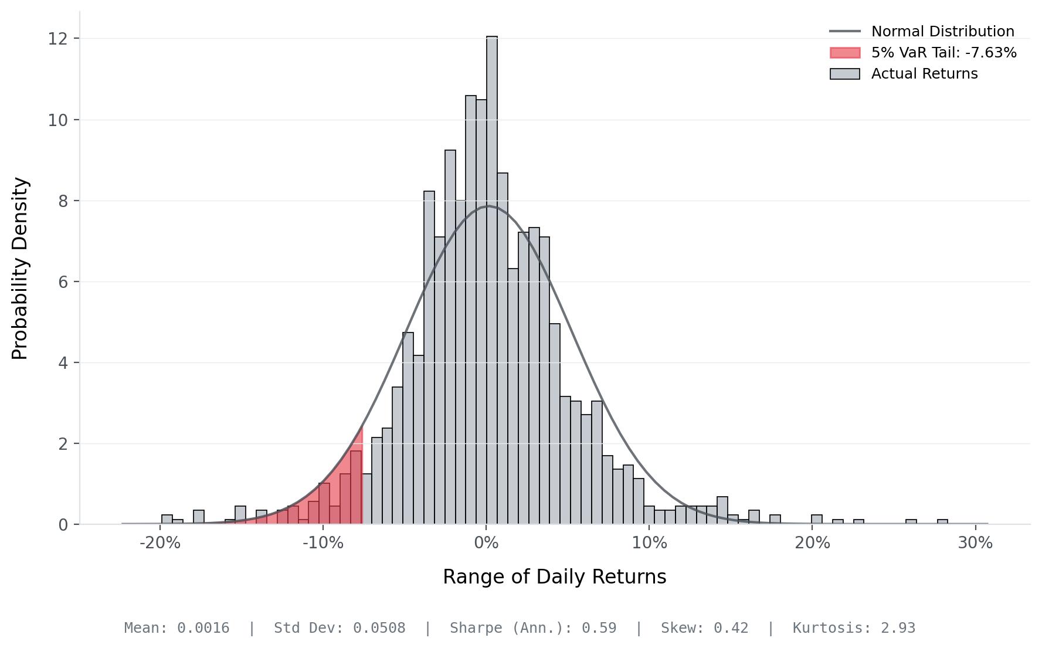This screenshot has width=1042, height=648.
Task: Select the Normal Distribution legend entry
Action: [942, 32]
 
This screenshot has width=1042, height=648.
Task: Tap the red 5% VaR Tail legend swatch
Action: [845, 53]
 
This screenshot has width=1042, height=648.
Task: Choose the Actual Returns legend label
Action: [924, 74]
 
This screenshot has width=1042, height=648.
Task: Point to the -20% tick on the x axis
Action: [160, 543]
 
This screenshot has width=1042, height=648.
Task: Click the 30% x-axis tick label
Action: [975, 543]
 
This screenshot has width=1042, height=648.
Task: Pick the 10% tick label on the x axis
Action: [649, 543]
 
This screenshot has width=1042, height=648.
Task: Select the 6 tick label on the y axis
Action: [63, 282]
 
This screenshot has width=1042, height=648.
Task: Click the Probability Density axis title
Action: [20, 269]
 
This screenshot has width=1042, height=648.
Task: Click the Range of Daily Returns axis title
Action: [554, 577]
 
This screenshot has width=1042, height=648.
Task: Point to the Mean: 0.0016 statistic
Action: [177, 628]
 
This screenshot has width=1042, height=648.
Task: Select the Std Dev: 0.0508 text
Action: [340, 628]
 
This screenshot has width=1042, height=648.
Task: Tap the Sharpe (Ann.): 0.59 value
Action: [533, 628]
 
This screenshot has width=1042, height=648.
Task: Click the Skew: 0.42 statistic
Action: [704, 628]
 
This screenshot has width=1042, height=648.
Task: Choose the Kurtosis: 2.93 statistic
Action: [854, 628]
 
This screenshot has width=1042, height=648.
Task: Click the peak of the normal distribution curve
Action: [488, 206]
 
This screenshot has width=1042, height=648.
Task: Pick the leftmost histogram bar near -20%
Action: [167, 520]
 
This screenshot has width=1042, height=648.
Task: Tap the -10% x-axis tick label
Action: [323, 543]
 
